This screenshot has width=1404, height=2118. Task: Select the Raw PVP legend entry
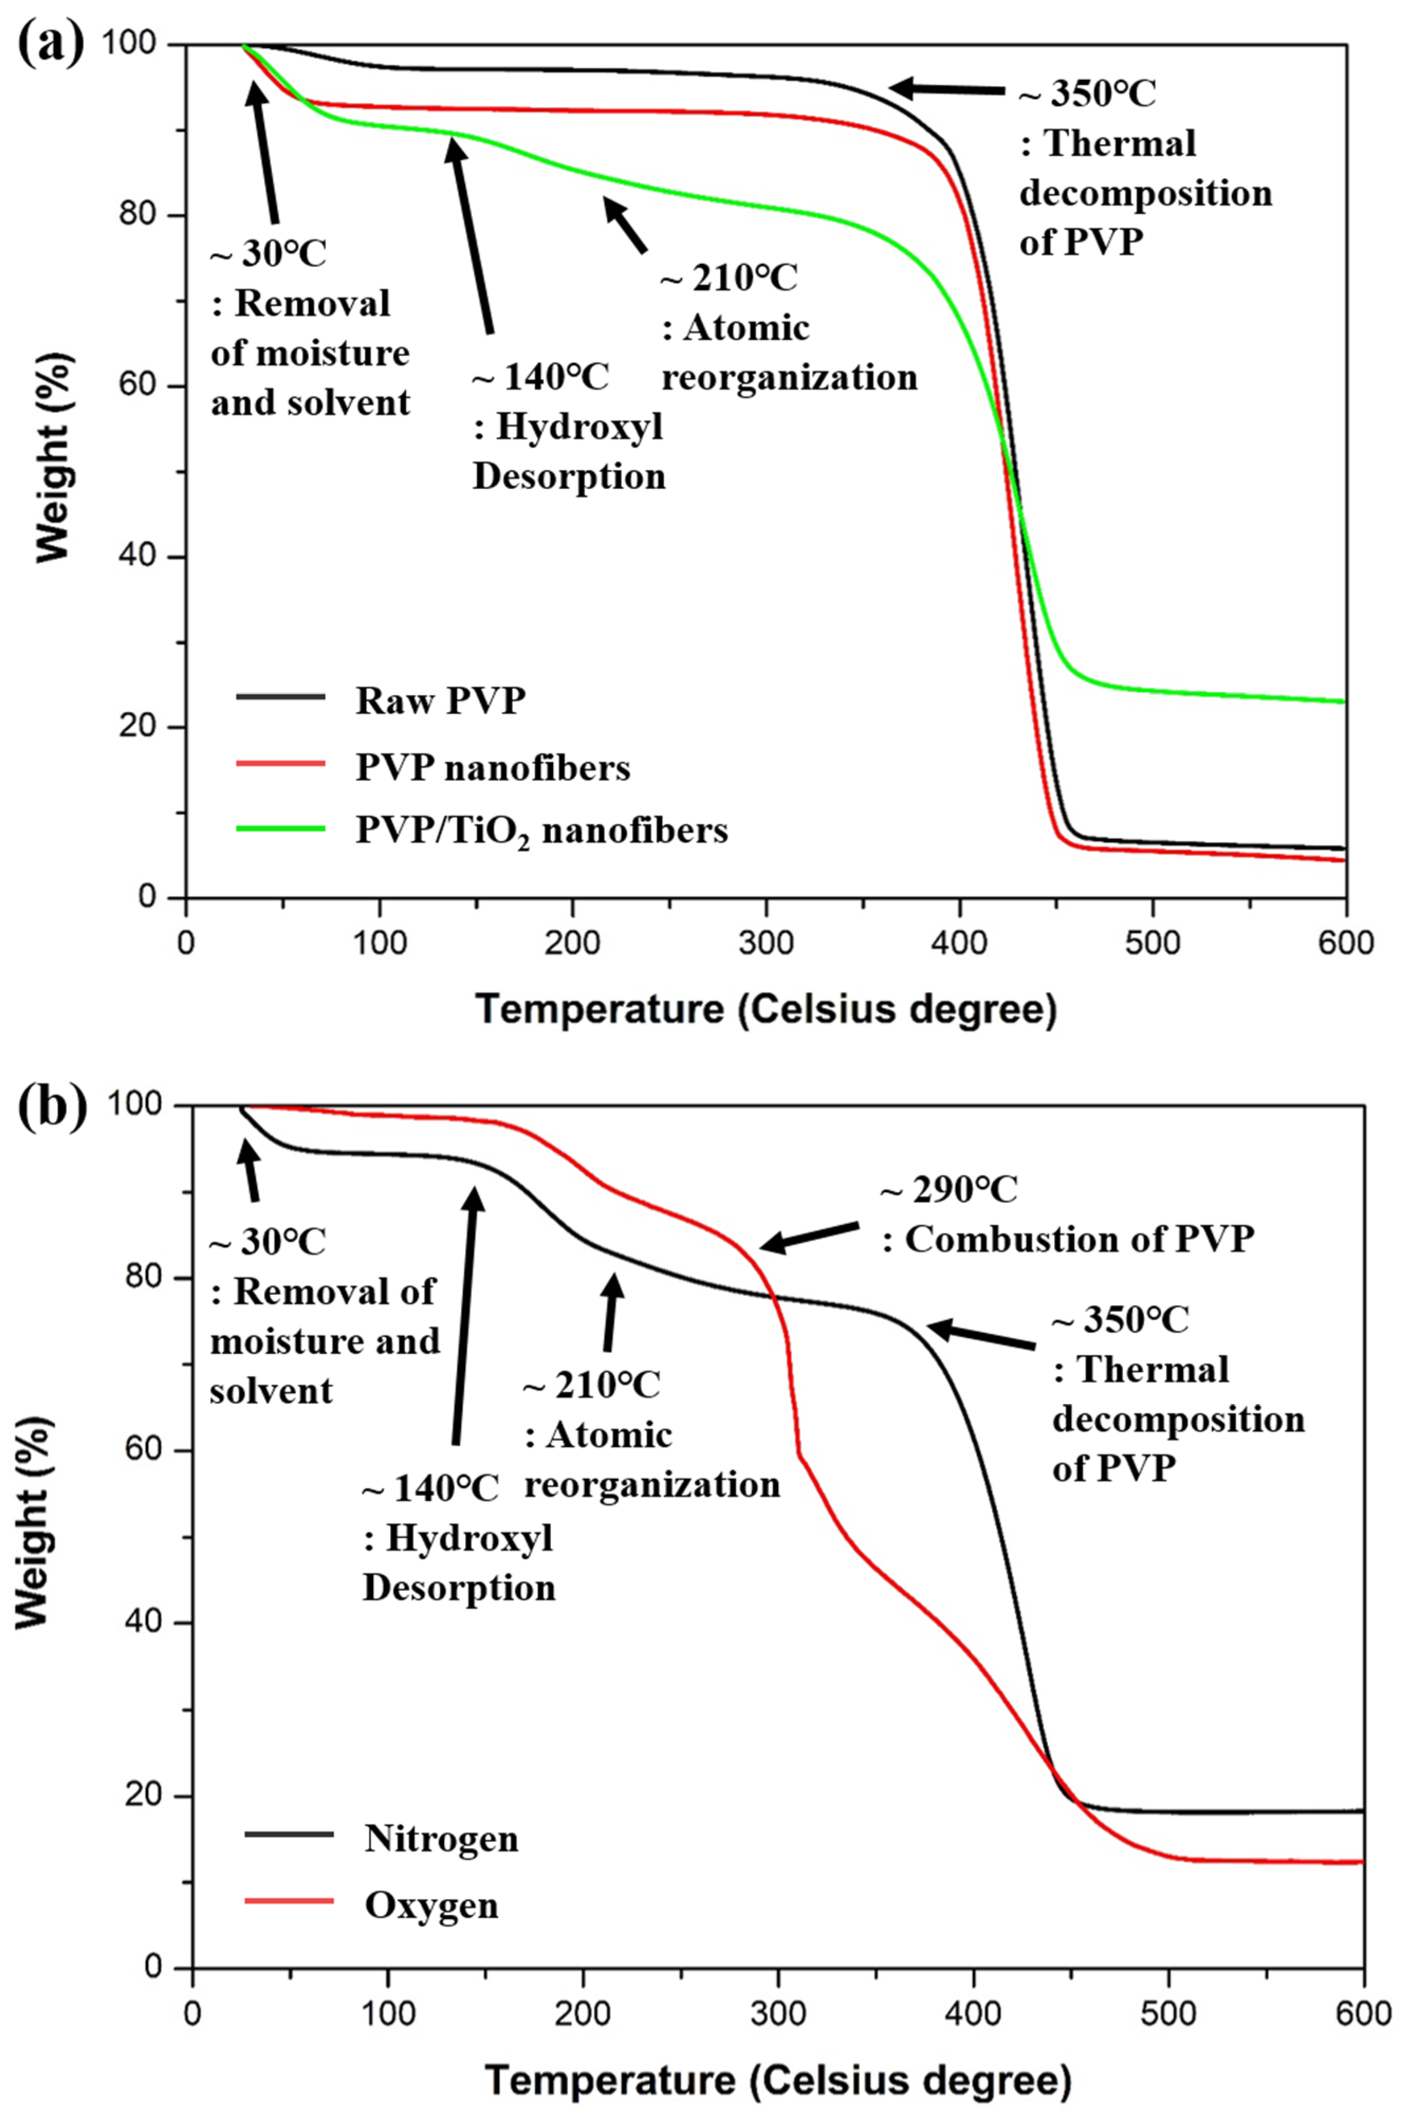pyautogui.click(x=439, y=701)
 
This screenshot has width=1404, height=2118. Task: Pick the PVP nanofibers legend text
pyautogui.click(x=493, y=768)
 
